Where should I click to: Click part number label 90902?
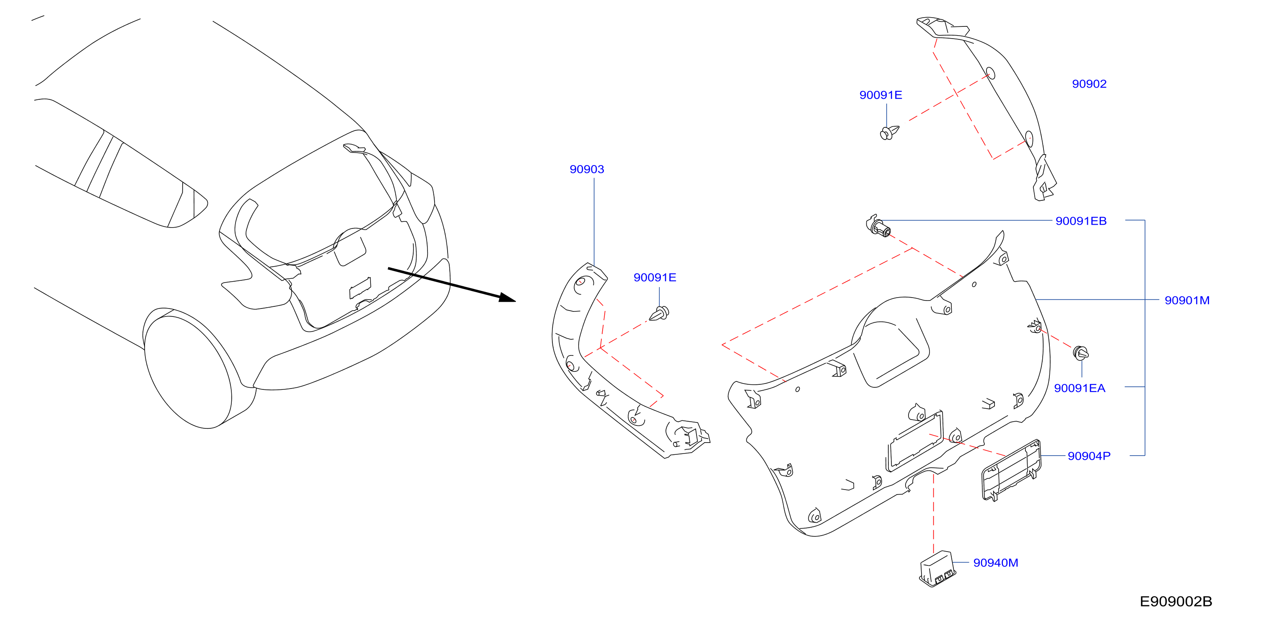point(1089,84)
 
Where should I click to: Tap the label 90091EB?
point(1080,221)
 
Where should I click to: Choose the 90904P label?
point(1089,456)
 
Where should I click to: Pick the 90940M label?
point(995,563)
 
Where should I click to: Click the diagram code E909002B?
point(1176,601)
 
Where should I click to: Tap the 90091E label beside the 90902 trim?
point(880,95)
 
